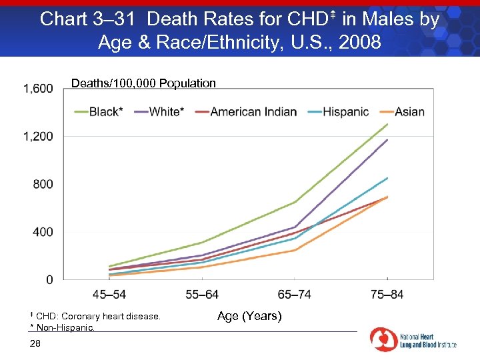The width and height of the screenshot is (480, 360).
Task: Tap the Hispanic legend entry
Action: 345,112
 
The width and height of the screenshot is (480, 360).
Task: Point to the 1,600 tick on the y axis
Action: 39,89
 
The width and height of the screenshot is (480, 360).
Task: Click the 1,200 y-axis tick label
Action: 39,137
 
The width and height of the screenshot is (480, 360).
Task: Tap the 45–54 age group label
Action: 109,295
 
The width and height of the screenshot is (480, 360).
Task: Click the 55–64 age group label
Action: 202,295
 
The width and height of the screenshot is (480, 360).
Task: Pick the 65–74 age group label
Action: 295,295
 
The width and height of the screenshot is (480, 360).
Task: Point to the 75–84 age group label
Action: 387,295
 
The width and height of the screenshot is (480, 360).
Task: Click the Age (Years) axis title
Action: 249,316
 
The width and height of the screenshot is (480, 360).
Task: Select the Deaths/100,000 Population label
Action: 143,83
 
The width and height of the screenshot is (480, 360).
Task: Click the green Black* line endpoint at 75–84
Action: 387,125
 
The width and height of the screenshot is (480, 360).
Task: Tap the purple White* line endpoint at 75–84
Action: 387,140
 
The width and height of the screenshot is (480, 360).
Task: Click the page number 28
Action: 35,343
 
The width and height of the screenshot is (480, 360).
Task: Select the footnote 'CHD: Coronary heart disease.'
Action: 97,316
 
